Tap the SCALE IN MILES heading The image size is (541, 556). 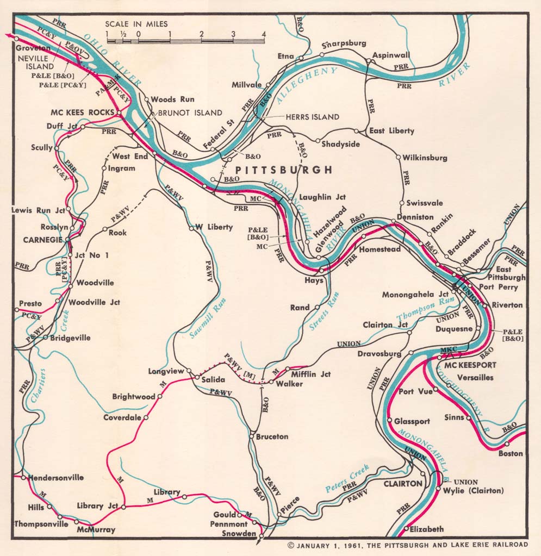coord(136,24)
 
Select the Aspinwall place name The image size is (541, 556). coord(391,55)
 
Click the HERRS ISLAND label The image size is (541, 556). coord(312,117)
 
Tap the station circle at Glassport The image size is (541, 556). coord(390,420)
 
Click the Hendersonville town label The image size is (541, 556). coord(55,478)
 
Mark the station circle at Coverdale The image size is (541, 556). coord(146,417)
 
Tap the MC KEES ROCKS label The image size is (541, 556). coord(82,113)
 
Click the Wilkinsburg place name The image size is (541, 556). coord(425,158)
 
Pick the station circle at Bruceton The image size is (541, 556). coord(251,436)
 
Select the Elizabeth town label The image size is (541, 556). coord(427,529)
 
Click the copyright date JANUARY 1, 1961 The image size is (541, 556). coord(331,545)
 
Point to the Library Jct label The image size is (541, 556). coord(97,505)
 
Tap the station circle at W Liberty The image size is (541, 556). coord(191,228)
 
